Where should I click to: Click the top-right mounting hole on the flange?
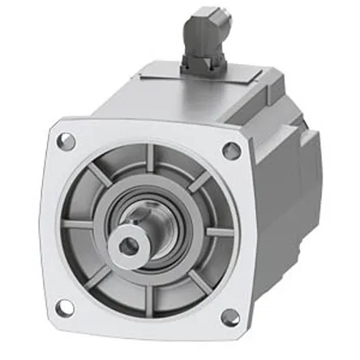(x=231, y=150)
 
